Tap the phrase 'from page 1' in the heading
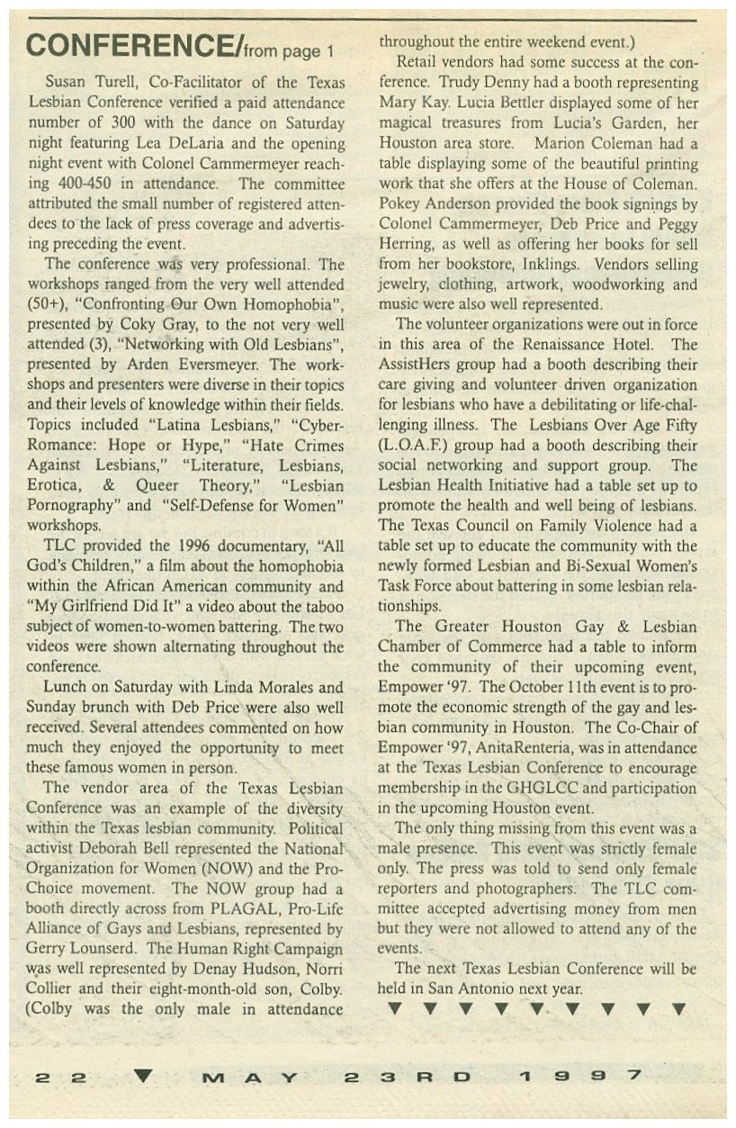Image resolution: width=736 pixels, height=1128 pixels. tap(290, 49)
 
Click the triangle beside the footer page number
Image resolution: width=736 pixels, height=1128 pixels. tap(146, 1074)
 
